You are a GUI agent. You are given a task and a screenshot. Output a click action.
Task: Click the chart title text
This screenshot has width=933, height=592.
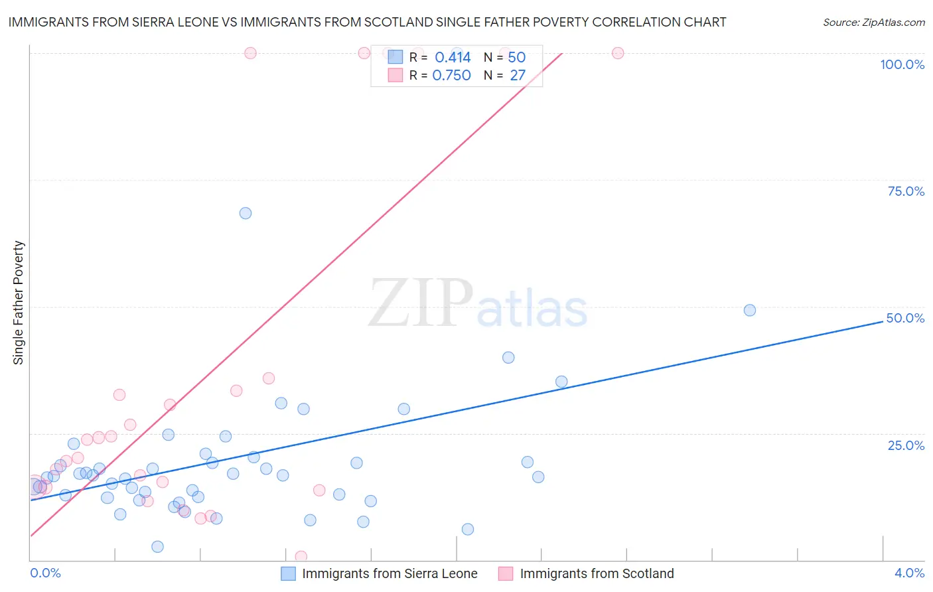click(x=367, y=22)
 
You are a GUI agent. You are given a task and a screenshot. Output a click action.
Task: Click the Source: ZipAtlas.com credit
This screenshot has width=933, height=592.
click(x=873, y=22)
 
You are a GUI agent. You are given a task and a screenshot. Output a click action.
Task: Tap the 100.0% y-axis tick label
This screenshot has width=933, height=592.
click(x=902, y=64)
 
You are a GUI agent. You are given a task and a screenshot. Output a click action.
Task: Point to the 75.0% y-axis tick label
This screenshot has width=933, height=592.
click(x=906, y=191)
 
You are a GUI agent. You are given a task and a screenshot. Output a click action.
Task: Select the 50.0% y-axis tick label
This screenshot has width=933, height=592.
click(x=905, y=318)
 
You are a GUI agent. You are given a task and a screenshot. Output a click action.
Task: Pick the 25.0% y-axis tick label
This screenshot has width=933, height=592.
click(x=906, y=445)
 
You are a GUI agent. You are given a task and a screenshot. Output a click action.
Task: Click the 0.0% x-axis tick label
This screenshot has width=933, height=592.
click(x=46, y=573)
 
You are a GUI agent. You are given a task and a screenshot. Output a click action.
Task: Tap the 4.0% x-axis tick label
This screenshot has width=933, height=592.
click(x=909, y=573)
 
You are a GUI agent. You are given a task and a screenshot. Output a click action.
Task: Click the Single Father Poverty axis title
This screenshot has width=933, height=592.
click(x=19, y=303)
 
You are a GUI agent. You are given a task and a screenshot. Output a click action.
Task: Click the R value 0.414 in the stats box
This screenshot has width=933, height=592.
click(x=453, y=58)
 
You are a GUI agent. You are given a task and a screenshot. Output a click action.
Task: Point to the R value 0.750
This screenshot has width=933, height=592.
click(x=451, y=76)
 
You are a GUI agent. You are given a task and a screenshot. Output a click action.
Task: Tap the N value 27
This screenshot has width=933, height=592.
click(x=518, y=76)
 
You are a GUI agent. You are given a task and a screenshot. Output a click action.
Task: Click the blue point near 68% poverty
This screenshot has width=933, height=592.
click(x=246, y=213)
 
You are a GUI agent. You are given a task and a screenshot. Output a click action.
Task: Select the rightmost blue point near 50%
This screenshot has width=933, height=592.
click(x=750, y=310)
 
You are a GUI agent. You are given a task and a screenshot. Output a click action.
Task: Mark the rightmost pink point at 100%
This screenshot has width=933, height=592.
click(x=618, y=53)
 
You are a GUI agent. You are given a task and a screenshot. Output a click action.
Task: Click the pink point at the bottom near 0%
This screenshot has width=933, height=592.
click(x=301, y=556)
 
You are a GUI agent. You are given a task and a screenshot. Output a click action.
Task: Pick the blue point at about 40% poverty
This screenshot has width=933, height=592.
click(x=508, y=357)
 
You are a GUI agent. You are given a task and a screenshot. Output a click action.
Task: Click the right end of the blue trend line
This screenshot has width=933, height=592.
click(x=883, y=321)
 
